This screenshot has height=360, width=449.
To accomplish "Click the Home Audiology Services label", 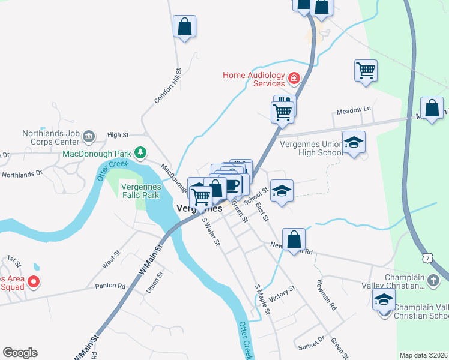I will [253, 79].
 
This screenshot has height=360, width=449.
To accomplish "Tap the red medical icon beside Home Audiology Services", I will [294, 77].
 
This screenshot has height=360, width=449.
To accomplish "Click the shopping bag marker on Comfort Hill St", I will [184, 27].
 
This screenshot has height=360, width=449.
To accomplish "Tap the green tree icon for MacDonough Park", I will [140, 153].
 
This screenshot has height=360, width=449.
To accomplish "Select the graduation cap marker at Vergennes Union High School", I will [354, 143].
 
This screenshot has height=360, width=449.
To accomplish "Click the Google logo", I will [20, 353].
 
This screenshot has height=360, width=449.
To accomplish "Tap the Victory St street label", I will [282, 293].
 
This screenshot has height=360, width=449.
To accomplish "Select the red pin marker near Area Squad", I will [34, 281].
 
